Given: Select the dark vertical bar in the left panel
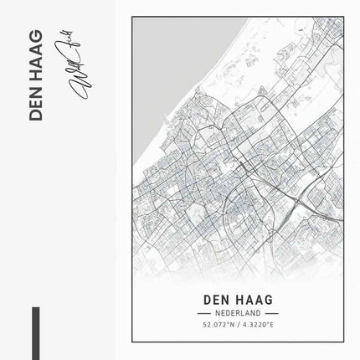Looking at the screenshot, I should pyautogui.click(x=36, y=334).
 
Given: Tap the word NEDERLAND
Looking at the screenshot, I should pyautogui.click(x=238, y=311).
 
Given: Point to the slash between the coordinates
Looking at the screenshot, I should pyautogui.click(x=238, y=324).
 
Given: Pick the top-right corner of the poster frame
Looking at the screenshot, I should pyautogui.click(x=343, y=16).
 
